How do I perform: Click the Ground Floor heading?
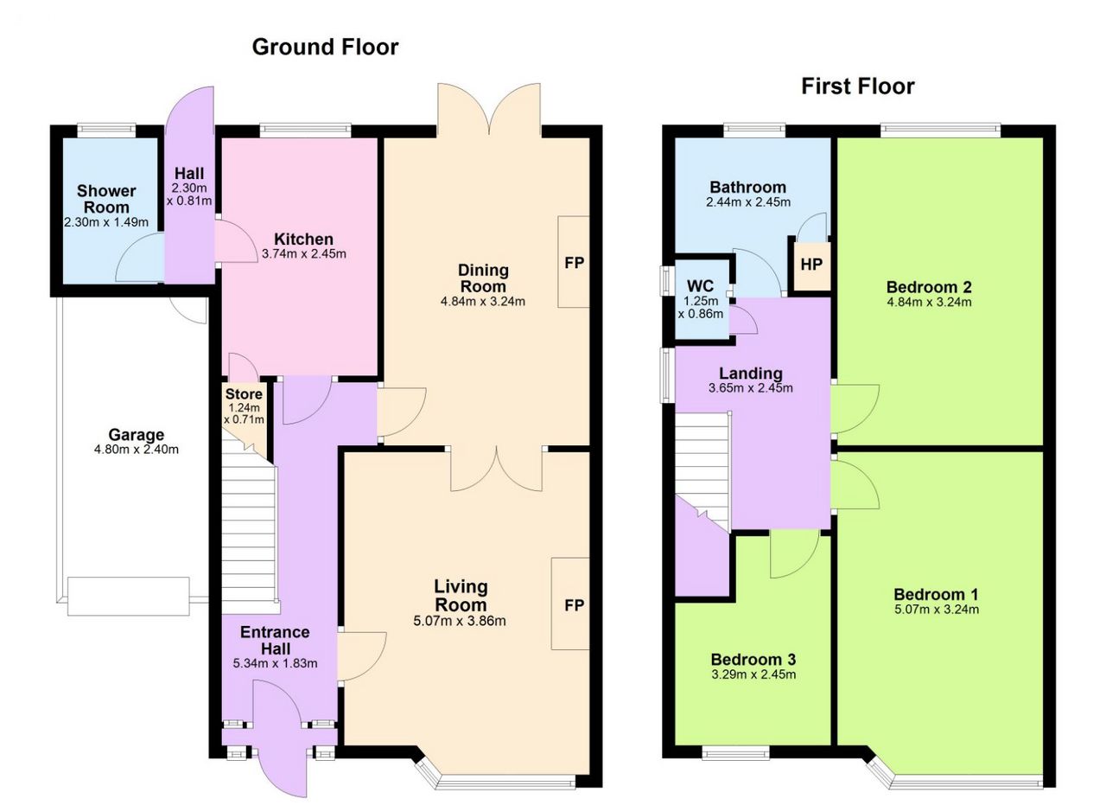[325, 48]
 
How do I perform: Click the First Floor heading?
[858, 86]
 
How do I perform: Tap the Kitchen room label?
[303, 240]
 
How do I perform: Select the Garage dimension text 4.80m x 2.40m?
[137, 450]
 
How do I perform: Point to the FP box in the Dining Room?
[574, 262]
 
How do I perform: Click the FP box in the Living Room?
[571, 604]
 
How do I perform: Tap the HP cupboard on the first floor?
[811, 265]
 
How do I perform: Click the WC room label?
[700, 285]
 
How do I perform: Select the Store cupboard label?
[244, 394]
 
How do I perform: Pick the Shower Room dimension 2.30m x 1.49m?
[106, 223]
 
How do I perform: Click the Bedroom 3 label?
[753, 660]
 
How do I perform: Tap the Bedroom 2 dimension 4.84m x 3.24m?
[929, 302]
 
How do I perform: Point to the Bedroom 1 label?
[936, 595]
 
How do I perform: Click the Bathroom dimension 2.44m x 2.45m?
[748, 202]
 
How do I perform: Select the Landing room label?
[751, 374]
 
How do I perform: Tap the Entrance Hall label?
[275, 641]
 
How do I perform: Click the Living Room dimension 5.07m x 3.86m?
[460, 621]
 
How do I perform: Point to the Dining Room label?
[483, 278]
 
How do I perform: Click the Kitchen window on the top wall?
[306, 130]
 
